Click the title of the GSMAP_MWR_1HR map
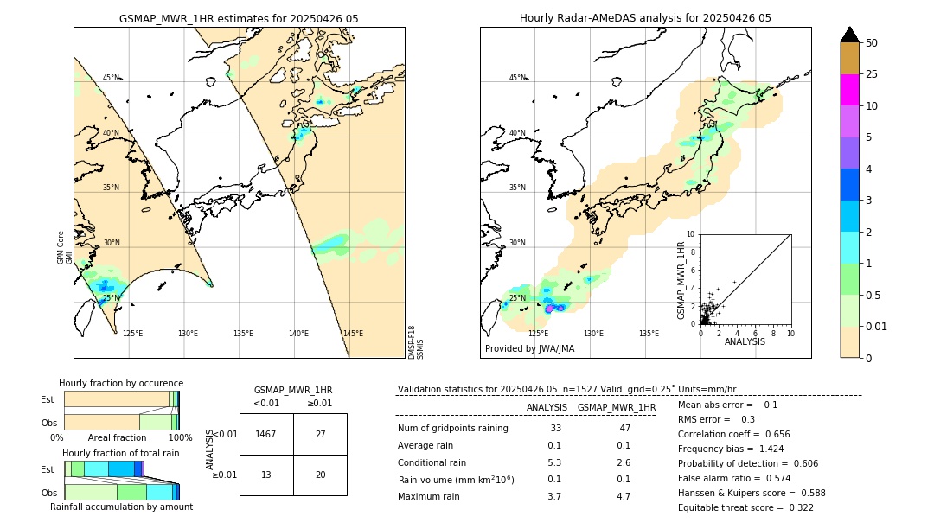[239, 18]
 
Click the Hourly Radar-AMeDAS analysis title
[645, 18]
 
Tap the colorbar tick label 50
[872, 42]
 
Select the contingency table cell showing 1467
[266, 434]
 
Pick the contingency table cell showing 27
[320, 434]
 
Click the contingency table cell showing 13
[266, 475]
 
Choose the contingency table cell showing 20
[320, 475]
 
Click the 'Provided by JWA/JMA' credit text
[529, 349]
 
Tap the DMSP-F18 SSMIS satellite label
[416, 342]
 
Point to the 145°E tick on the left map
[353, 334]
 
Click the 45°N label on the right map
[517, 78]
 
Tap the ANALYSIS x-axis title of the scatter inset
[745, 341]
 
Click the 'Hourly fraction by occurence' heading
[121, 383]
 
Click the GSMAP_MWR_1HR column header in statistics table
[617, 407]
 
